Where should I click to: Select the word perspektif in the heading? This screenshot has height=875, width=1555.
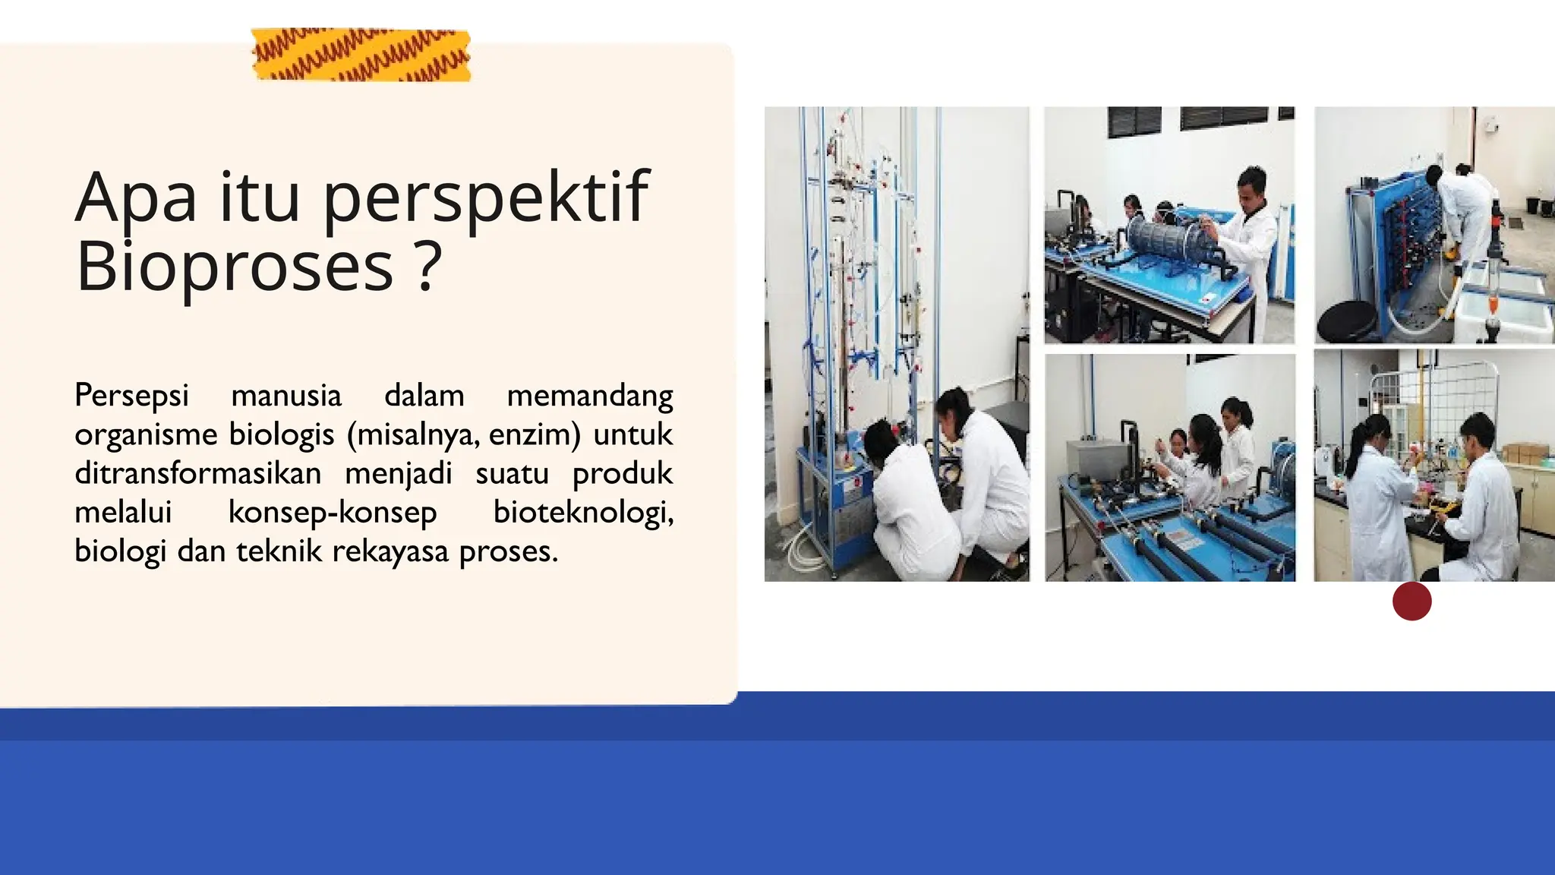click(486, 199)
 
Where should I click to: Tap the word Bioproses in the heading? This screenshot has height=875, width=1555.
click(235, 266)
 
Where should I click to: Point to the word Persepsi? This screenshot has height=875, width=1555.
click(131, 396)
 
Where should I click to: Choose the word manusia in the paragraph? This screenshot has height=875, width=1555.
click(286, 396)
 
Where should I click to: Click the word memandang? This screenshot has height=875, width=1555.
click(590, 396)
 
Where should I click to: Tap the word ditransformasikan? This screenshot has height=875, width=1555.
click(197, 473)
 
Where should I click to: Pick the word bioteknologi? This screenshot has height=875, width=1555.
click(583, 512)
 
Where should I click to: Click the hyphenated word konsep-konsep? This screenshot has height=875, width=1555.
click(333, 512)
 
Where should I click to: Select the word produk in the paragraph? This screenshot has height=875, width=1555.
click(623, 473)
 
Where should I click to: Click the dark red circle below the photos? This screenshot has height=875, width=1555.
click(1412, 602)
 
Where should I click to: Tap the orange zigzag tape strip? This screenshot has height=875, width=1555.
click(361, 55)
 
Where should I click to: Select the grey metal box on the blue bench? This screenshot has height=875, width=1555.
click(1094, 460)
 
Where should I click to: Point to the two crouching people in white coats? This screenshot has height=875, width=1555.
click(949, 494)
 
